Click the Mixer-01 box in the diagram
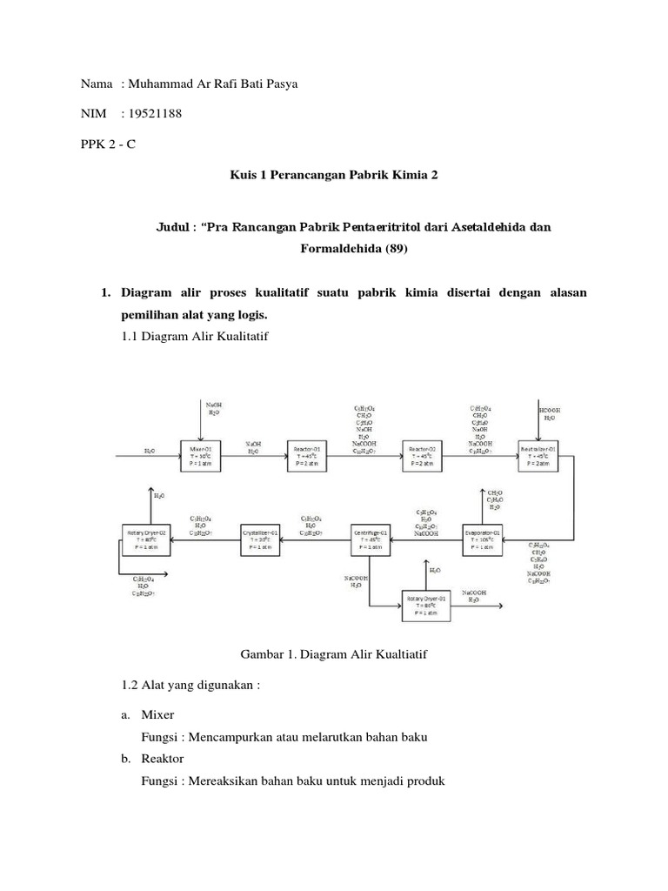click(x=201, y=457)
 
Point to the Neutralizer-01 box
click(x=539, y=457)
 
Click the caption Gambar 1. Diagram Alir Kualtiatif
click(x=332, y=653)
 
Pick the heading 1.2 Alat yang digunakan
click(x=191, y=685)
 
